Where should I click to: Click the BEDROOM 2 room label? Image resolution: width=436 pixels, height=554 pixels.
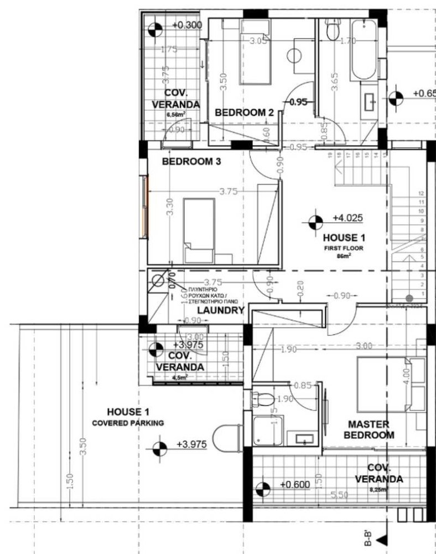[244, 112]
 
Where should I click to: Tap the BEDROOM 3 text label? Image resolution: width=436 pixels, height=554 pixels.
[188, 162]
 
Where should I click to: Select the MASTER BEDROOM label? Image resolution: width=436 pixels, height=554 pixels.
[369, 429]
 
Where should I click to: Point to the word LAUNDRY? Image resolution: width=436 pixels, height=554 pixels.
[221, 311]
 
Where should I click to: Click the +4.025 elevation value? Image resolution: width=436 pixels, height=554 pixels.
[347, 218]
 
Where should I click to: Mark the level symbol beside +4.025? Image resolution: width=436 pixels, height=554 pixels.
[315, 222]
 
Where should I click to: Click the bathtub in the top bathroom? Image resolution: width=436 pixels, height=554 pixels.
[364, 50]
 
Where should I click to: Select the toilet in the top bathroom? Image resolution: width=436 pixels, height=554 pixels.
[333, 30]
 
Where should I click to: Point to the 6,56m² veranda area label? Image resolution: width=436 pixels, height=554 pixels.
[177, 115]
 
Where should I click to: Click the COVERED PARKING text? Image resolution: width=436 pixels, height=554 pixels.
[128, 423]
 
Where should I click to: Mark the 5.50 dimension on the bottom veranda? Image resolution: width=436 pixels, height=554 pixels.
[339, 495]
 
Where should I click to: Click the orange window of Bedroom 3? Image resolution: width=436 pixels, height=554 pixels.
[147, 207]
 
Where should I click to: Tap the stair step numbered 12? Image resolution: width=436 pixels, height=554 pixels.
[422, 194]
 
